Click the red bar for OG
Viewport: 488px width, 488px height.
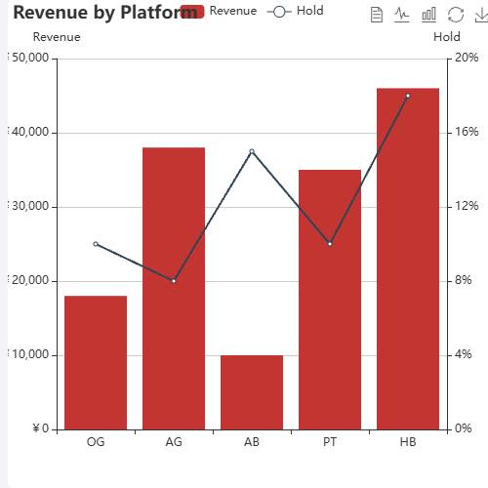click(x=96, y=362)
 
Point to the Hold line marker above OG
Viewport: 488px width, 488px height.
click(x=96, y=244)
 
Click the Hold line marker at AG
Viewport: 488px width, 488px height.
click(x=174, y=281)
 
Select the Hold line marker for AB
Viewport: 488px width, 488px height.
click(x=252, y=151)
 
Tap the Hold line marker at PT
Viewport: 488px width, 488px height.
click(x=330, y=244)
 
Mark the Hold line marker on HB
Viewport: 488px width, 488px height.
click(x=408, y=96)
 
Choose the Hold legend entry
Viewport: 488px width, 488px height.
click(x=295, y=11)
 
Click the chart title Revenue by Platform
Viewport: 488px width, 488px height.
click(x=98, y=13)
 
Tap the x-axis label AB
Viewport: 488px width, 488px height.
click(x=252, y=442)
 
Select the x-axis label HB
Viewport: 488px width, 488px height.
click(x=408, y=442)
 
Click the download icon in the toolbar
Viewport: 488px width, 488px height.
click(x=479, y=15)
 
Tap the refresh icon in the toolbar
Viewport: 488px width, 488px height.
click(x=455, y=15)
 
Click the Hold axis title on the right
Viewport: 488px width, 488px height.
click(x=447, y=37)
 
